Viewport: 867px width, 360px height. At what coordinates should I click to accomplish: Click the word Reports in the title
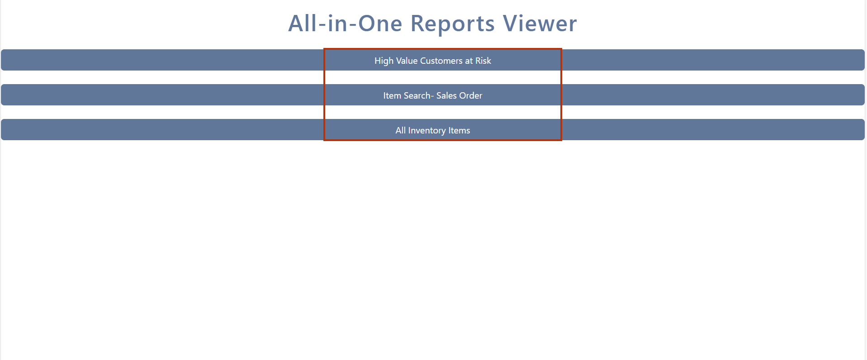(452, 24)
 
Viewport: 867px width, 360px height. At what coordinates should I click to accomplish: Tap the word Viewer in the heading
(540, 24)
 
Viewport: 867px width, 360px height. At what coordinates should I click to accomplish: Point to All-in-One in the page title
(345, 24)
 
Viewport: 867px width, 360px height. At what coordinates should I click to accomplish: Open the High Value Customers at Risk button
(433, 60)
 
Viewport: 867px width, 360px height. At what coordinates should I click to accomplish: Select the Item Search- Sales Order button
(433, 95)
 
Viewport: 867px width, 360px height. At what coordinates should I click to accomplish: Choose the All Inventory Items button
(433, 130)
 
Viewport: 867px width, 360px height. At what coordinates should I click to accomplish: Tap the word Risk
(483, 61)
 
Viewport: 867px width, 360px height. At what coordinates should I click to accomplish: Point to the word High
(384, 61)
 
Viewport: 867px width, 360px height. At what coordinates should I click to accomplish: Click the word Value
(407, 61)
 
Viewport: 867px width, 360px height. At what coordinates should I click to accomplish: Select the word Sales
(446, 95)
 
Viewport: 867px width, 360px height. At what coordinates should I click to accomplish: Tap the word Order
(471, 95)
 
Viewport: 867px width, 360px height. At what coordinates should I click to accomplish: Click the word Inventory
(427, 131)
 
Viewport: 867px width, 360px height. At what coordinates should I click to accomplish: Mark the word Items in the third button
(459, 130)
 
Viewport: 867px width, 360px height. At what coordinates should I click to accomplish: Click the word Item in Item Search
(392, 95)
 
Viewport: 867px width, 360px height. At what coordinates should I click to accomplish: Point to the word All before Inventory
(401, 130)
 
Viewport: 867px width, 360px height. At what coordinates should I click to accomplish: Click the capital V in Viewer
(511, 24)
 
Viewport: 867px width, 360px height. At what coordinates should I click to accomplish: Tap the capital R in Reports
(417, 24)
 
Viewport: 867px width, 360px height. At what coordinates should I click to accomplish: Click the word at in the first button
(469, 61)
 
